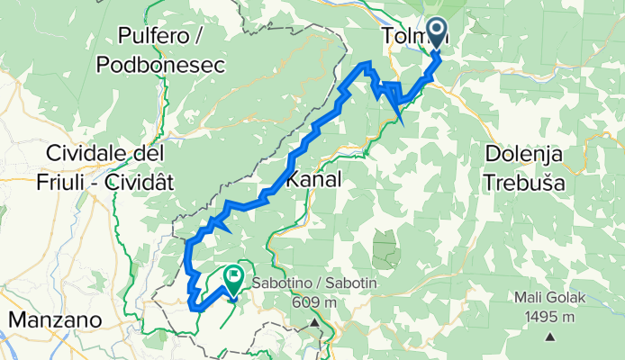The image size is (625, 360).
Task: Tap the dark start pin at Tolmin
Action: click(437, 32)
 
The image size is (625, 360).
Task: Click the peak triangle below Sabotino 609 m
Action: click(314, 321)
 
